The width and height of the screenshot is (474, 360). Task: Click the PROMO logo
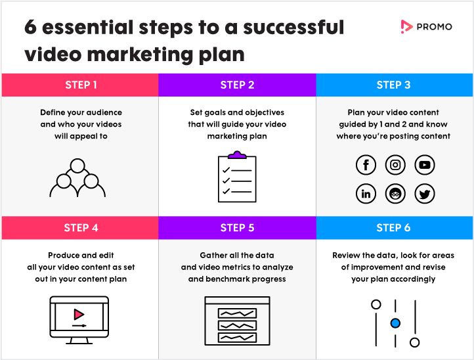pyautogui.click(x=426, y=26)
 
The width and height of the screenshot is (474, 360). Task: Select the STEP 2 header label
pyautogui.click(x=237, y=85)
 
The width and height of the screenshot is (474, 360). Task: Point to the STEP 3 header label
pyautogui.click(x=394, y=85)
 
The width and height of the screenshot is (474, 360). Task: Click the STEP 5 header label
pyautogui.click(x=237, y=228)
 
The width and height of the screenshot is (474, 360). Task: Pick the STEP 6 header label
pyautogui.click(x=394, y=228)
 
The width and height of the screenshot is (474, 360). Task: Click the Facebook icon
pyautogui.click(x=366, y=165)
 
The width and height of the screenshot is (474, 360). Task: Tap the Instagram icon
pyautogui.click(x=395, y=165)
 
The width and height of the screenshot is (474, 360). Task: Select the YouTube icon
pyautogui.click(x=425, y=165)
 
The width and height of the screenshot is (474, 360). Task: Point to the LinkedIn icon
pyautogui.click(x=366, y=194)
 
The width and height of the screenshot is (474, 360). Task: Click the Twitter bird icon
pyautogui.click(x=425, y=194)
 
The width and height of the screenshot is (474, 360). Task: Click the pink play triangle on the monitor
pyautogui.click(x=79, y=314)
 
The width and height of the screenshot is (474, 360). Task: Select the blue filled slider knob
pyautogui.click(x=395, y=323)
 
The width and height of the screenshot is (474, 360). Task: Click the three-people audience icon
pyautogui.click(x=77, y=178)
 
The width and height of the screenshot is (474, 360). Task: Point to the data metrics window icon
pyautogui.click(x=237, y=321)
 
